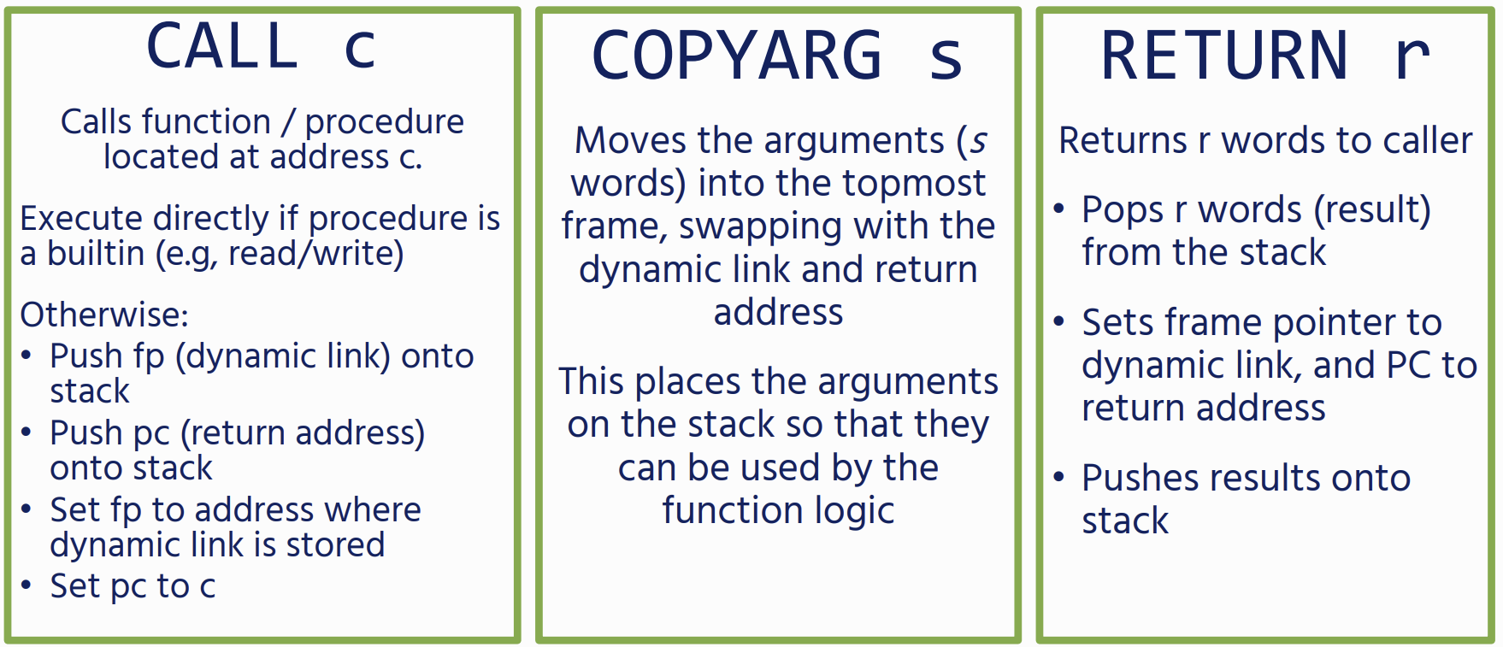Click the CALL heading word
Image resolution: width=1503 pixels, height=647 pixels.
(222, 46)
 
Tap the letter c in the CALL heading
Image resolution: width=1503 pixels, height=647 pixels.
(359, 51)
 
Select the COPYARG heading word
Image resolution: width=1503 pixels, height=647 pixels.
(737, 56)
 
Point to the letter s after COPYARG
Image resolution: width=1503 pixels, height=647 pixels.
(946, 61)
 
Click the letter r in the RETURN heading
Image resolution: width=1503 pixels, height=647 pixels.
(1412, 60)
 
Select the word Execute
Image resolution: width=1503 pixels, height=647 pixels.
(81, 219)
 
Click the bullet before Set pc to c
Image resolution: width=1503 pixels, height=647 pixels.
(27, 585)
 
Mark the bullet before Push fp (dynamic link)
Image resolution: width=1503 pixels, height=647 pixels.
(27, 356)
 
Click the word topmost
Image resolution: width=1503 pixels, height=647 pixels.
(914, 183)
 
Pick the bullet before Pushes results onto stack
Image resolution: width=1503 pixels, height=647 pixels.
(1059, 477)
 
